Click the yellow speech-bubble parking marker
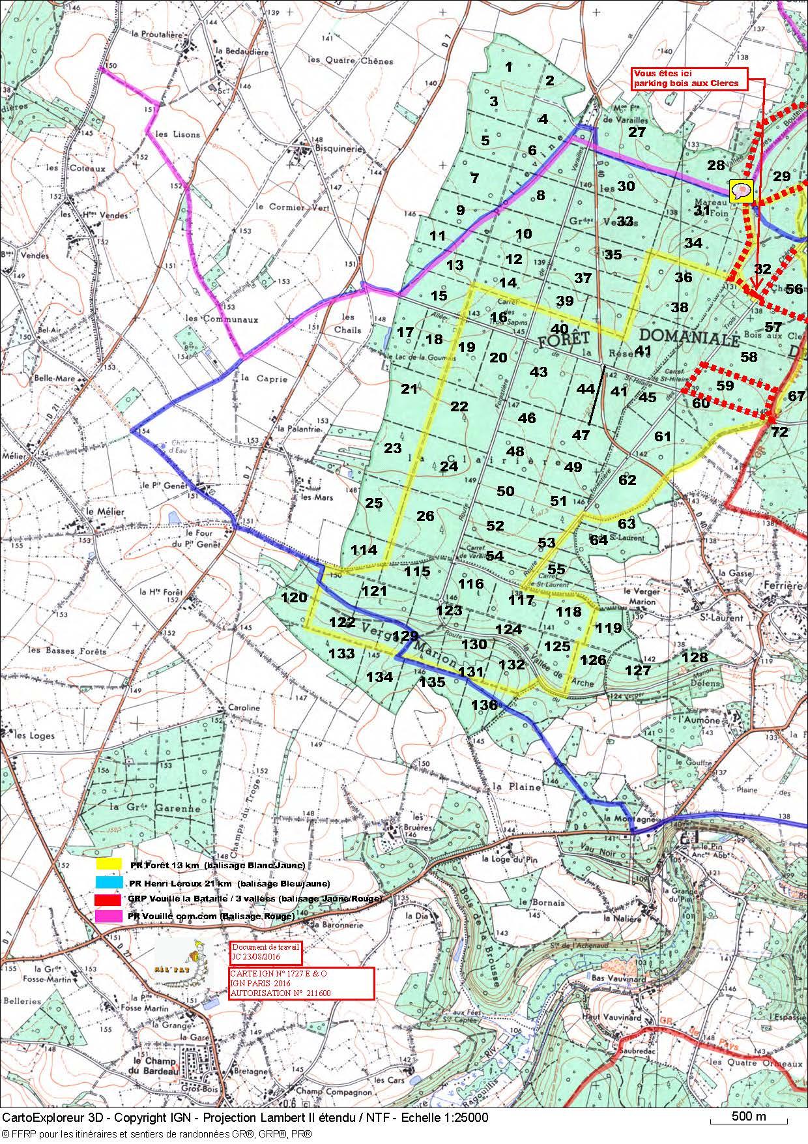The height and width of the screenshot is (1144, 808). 741,191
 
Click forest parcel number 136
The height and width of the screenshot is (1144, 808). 484,705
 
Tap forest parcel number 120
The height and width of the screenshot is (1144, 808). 293,597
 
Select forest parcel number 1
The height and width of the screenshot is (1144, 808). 509,66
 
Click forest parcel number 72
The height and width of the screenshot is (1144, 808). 779,432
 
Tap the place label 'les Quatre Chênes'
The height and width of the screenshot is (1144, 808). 351,61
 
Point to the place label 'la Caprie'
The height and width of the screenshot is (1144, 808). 263,378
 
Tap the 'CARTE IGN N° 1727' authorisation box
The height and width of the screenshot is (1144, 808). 301,982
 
